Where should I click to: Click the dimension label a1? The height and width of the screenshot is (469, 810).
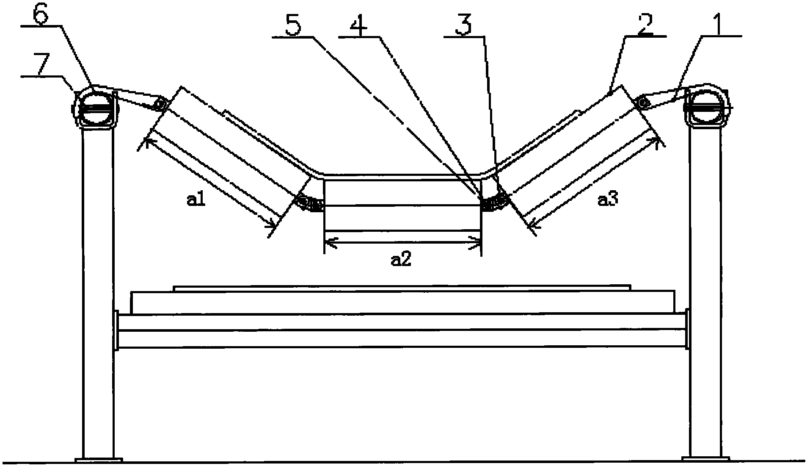tap(196, 199)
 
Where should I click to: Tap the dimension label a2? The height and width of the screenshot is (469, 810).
tap(401, 260)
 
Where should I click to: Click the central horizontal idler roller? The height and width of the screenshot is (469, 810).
tap(402, 206)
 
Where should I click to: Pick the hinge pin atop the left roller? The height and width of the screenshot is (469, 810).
tap(160, 103)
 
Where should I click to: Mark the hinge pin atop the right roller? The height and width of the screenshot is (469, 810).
tap(644, 102)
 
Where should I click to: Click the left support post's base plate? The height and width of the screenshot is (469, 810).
tap(99, 460)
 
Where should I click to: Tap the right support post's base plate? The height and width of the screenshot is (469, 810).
tap(705, 459)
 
